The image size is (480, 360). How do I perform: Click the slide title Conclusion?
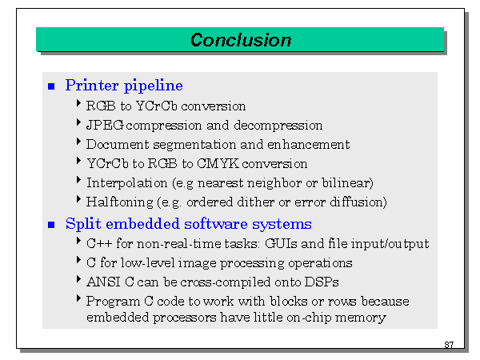pos(241,40)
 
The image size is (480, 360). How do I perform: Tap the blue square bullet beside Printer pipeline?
pos(51,86)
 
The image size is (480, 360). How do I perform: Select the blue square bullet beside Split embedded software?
pos(51,225)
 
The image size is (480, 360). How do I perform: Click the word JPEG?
pos(105,126)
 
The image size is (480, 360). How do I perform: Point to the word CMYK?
pos(218,163)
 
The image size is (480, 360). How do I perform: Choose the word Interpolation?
pos(126,183)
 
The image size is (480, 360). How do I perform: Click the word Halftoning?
pos(119,202)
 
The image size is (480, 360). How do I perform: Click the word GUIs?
pos(281,244)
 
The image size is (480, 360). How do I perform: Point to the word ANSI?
pos(103,282)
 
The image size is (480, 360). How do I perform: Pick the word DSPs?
pos(322,282)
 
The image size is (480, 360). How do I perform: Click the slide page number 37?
pos(449,345)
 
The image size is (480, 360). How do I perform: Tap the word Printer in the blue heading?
pos(91,85)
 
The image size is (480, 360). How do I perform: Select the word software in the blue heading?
pos(215,224)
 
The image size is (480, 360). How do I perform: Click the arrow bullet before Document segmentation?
pos(78,142)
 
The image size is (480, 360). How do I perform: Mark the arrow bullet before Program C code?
pos(78,298)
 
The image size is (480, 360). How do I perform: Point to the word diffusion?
pos(358,202)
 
